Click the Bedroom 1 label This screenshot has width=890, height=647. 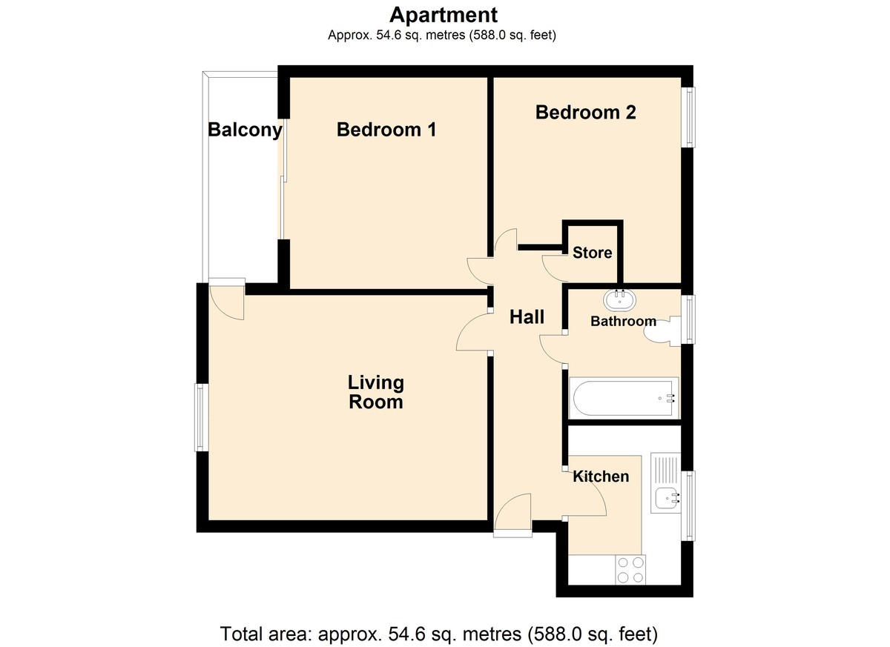tap(386, 130)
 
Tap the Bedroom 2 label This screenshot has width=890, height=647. tap(585, 112)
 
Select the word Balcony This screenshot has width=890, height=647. tap(245, 130)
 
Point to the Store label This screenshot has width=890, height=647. tap(592, 253)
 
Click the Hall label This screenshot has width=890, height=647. tap(527, 316)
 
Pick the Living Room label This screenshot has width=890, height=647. tap(376, 392)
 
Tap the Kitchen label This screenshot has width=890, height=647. tap(601, 477)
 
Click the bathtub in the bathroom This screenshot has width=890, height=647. tap(624, 398)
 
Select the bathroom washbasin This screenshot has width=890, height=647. tap(619, 300)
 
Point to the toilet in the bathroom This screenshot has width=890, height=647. tap(663, 331)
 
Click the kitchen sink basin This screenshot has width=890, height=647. tap(666, 499)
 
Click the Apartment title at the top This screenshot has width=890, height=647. tap(443, 16)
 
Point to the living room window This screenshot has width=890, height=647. tap(201, 417)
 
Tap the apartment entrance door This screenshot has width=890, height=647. tap(512, 515)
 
